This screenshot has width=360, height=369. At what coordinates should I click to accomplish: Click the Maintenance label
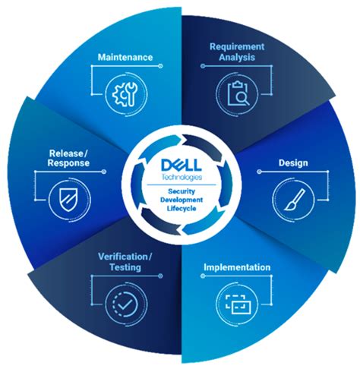[x=125, y=58]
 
